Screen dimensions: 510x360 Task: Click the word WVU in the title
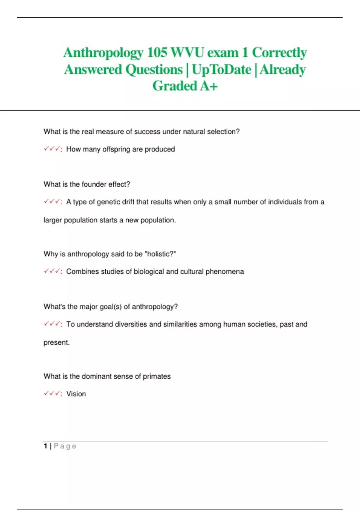point(187,53)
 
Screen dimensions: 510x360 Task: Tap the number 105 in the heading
point(157,53)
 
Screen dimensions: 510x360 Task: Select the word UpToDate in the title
point(221,70)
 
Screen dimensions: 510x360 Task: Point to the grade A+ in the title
point(209,86)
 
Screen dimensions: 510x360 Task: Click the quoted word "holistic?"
point(160,254)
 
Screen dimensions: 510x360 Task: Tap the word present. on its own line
point(56,342)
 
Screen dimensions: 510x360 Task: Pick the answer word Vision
point(76,394)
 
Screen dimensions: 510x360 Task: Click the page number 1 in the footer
point(45,446)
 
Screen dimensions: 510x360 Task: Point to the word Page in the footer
point(65,446)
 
